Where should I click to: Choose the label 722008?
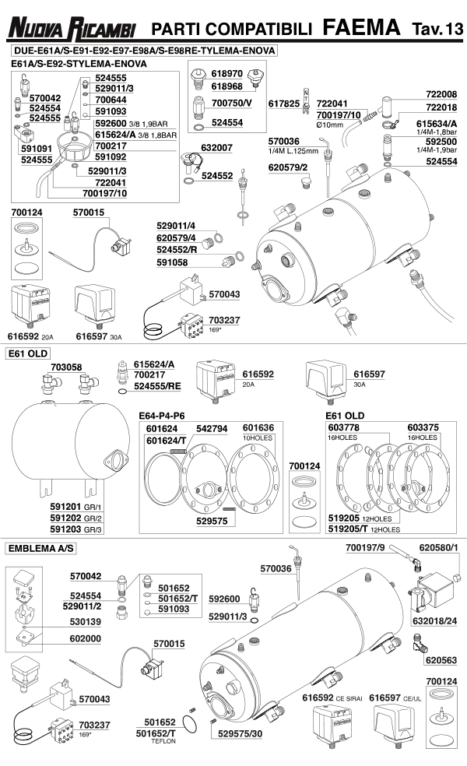[441, 94]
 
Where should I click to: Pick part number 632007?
[217, 146]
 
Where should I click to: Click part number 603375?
[423, 428]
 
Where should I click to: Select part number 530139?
[86, 622]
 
